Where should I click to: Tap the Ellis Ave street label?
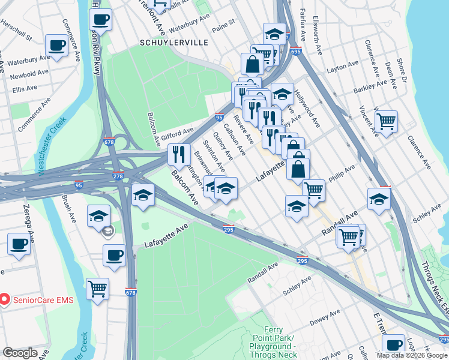25,89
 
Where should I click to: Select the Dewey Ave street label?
325,316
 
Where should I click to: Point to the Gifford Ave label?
176,131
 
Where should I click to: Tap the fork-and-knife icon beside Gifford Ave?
179,154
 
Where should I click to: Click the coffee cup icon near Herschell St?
57,45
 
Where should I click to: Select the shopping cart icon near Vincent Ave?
385,121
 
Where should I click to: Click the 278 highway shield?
118,176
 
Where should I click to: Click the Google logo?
20,353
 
